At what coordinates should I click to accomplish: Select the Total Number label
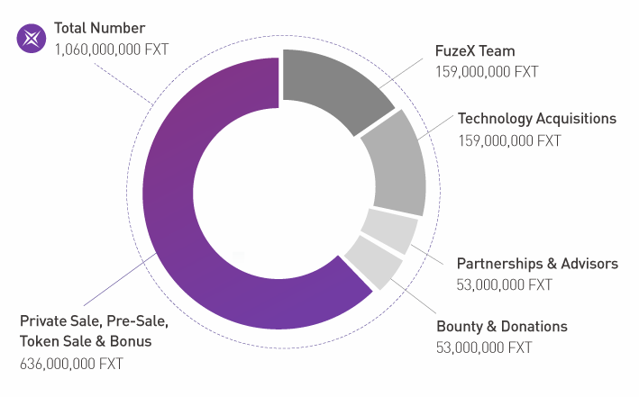(99, 28)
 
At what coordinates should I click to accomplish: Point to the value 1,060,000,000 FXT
(111, 49)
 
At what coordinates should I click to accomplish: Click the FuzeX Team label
(474, 50)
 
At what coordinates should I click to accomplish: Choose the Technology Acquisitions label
(536, 119)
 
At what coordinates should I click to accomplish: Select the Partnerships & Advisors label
(537, 264)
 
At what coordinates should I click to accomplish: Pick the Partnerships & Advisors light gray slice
(388, 230)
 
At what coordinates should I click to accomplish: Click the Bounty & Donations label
(502, 326)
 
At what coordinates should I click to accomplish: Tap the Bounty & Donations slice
(372, 261)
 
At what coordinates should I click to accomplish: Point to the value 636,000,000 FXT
(71, 364)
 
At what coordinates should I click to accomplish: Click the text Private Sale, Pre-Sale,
(93, 320)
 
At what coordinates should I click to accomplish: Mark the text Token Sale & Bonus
(86, 341)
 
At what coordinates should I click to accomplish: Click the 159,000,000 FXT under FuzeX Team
(487, 72)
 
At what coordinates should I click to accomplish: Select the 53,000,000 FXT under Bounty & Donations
(484, 347)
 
